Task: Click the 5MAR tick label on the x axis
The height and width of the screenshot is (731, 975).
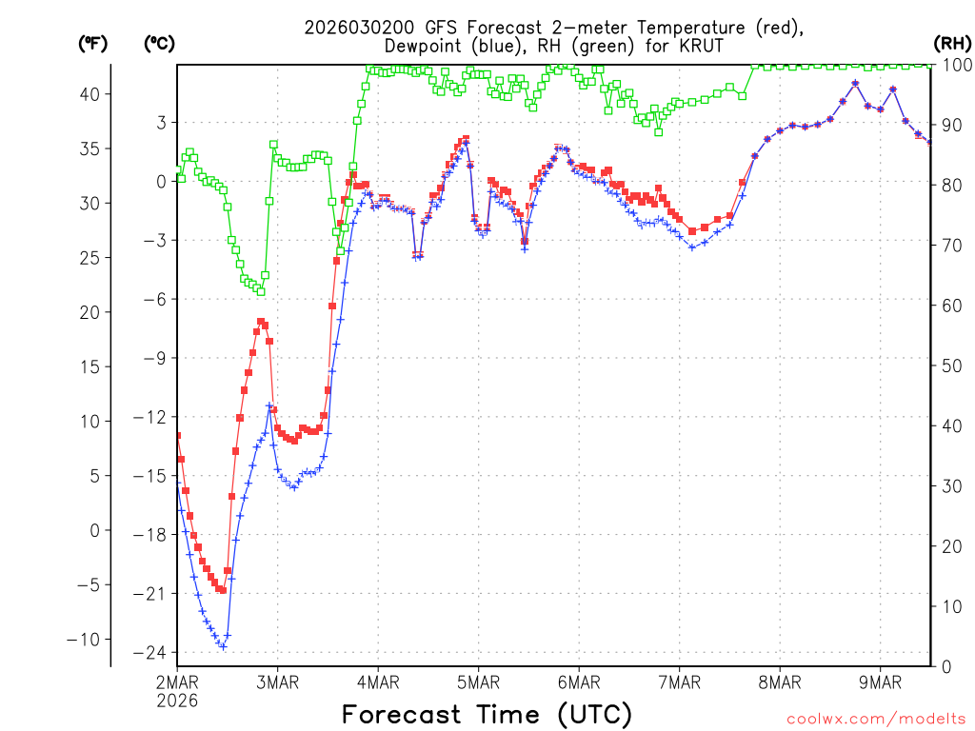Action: click(478, 682)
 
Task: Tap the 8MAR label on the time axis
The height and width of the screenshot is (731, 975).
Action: click(779, 682)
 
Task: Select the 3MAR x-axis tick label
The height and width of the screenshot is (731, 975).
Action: click(277, 682)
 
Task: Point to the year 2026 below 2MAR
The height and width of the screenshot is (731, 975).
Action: click(177, 700)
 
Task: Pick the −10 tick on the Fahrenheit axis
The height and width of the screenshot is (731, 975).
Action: click(90, 639)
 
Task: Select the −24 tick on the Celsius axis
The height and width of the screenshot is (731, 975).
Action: click(152, 653)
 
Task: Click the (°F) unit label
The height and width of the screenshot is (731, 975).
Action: click(93, 43)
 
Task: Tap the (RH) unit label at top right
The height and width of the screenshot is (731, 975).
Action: click(952, 43)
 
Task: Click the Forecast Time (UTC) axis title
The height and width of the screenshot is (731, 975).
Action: click(487, 714)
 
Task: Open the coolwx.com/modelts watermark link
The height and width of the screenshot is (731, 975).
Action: click(875, 718)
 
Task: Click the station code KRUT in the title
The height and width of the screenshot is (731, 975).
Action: click(705, 46)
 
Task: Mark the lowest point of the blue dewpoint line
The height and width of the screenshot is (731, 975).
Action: click(223, 646)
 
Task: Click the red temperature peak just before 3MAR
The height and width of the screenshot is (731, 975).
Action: click(260, 322)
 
